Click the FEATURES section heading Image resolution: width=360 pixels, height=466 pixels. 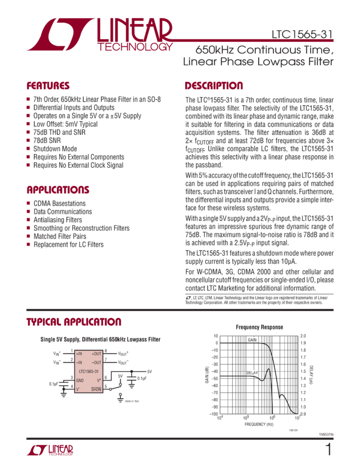(x=48, y=86)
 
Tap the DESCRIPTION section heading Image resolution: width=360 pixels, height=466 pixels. (x=214, y=86)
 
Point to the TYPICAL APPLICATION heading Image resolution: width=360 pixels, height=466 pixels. (x=74, y=322)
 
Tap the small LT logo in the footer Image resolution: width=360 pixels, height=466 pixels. (x=49, y=451)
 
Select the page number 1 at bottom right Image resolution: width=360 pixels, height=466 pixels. (x=328, y=450)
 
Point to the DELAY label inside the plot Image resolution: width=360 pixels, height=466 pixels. (x=252, y=372)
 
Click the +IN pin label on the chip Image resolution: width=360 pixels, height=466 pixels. (x=80, y=354)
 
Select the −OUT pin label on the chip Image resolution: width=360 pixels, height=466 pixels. (x=96, y=362)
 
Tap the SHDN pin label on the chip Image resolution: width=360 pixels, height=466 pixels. (x=96, y=389)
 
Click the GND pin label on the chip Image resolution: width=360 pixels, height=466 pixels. (x=80, y=380)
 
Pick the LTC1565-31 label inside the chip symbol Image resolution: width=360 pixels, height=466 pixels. (x=88, y=371)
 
